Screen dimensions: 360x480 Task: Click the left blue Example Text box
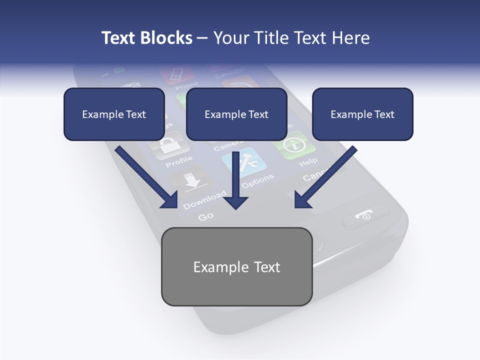click(114, 114)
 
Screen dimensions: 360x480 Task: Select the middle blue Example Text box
click(236, 114)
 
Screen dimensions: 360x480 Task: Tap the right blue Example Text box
click(362, 114)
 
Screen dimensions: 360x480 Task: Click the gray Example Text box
click(236, 266)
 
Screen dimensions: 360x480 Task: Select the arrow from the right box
click(325, 177)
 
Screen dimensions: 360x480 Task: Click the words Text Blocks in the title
click(146, 38)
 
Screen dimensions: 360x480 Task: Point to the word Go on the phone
click(206, 216)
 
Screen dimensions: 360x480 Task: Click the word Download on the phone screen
click(203, 200)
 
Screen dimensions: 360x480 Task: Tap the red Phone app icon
click(177, 74)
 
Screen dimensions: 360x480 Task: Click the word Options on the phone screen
click(258, 180)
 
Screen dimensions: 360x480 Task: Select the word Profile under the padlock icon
click(178, 161)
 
